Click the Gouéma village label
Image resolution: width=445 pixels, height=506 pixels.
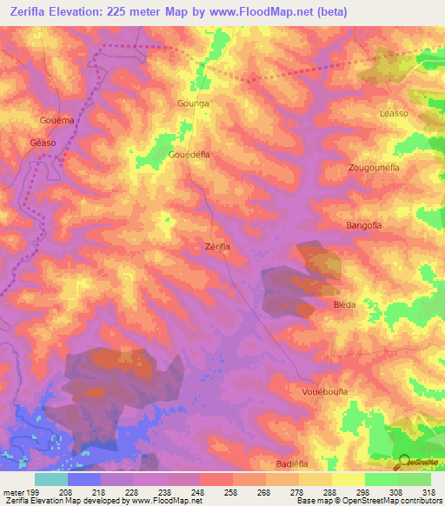coord(56,118)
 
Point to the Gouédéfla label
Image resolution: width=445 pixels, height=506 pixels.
coord(189,154)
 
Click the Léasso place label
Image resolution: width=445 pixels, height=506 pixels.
coord(395,114)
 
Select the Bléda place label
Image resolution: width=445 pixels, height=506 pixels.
coord(345,305)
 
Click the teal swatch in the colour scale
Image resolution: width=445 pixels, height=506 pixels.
coord(51,479)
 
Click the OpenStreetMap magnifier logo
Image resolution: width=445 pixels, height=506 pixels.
coord(405,461)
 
